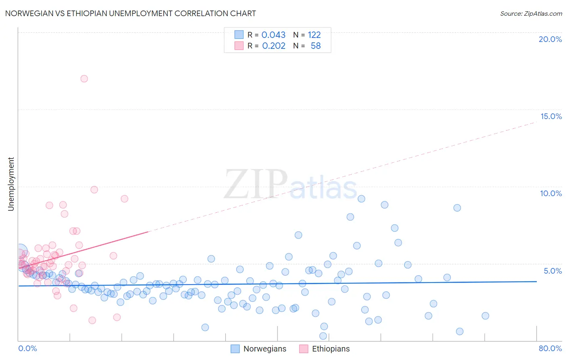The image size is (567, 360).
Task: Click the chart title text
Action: (130, 13)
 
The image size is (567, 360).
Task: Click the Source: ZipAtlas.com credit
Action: (531, 13)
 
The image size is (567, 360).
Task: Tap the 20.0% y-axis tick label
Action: (550, 39)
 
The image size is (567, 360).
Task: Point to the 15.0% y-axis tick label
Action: (551, 116)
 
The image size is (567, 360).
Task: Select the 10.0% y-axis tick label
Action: (551, 193)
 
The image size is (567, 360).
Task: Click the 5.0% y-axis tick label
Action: (552, 271)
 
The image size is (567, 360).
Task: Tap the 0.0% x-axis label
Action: (27, 348)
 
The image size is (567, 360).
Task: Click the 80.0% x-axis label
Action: (550, 348)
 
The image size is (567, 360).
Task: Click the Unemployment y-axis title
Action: (11, 184)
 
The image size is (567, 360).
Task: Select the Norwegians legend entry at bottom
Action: (258, 349)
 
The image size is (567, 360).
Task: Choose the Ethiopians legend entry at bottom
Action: (325, 349)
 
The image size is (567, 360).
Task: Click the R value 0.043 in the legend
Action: (273, 35)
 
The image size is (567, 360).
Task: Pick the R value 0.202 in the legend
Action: (273, 46)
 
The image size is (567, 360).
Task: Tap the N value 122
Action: (314, 35)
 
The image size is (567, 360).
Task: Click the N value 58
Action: (315, 46)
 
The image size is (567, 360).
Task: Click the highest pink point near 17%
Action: (84, 79)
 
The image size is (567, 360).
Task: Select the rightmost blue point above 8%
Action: (457, 208)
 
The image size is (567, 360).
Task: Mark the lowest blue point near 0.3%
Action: (323, 336)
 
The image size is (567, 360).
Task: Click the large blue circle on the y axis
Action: (20, 252)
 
